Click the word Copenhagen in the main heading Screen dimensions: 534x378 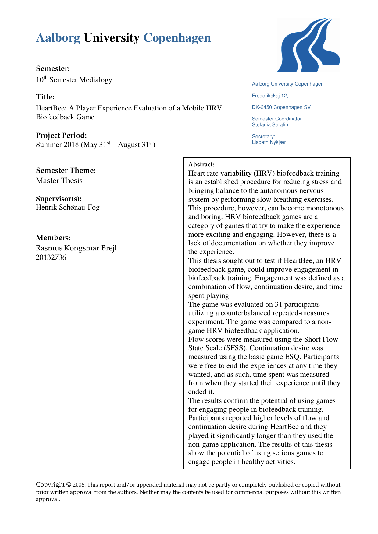(x=177, y=38)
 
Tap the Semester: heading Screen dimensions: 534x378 (x=53, y=68)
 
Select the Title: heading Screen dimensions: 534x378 (x=45, y=97)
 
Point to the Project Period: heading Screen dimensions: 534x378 (x=61, y=135)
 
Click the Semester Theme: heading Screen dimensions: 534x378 (x=66, y=170)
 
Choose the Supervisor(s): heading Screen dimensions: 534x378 (x=59, y=199)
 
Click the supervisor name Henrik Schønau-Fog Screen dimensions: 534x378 (x=68, y=208)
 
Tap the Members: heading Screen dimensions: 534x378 (x=53, y=238)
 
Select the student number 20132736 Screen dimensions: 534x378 (x=51, y=257)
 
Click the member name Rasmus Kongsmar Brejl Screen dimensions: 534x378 (x=76, y=248)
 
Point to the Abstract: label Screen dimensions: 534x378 (x=201, y=165)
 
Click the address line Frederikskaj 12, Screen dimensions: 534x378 (x=270, y=96)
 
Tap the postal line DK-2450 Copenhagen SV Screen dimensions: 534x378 (x=281, y=107)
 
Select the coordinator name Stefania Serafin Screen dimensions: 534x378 (x=270, y=125)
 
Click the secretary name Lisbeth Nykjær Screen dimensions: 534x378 (x=269, y=142)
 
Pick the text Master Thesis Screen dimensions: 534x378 (x=59, y=180)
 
